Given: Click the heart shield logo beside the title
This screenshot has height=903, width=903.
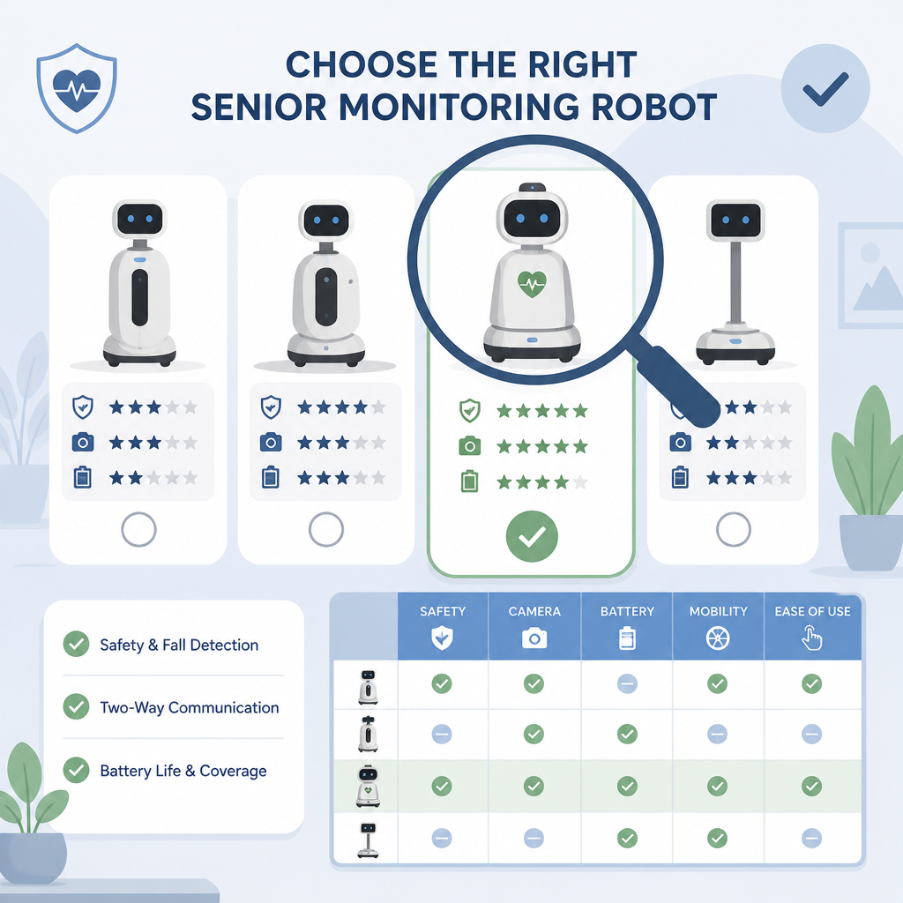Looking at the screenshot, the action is [x=77, y=87].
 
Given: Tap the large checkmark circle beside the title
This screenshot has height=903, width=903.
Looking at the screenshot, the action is [x=825, y=89].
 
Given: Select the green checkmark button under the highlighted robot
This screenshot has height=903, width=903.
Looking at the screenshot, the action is [x=532, y=536].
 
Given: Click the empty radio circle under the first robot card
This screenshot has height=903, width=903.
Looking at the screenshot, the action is [x=138, y=529].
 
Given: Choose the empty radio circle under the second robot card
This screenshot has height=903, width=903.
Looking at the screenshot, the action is [x=326, y=529].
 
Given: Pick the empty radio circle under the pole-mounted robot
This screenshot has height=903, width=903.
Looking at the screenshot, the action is [x=733, y=529].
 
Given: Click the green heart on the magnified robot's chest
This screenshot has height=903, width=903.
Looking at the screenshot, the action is [x=532, y=284].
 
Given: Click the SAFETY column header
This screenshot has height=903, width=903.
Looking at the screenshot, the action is [x=443, y=626].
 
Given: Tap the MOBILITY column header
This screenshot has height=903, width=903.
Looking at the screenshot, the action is [x=718, y=626].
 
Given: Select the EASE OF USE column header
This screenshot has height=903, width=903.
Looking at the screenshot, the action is [x=812, y=626].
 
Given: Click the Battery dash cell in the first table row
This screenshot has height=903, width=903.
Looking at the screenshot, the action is [x=627, y=683].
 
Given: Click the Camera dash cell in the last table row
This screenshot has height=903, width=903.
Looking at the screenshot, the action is [x=534, y=838].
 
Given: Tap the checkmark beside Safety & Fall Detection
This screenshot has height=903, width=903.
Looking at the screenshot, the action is [x=76, y=644].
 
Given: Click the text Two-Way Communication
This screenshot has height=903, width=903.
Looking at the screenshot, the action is [x=190, y=707].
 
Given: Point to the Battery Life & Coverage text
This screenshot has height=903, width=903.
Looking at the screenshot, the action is [x=183, y=771].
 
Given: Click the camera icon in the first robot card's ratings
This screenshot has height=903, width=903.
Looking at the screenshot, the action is [x=82, y=443].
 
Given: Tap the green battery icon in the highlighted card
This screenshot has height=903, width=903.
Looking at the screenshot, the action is [x=469, y=481].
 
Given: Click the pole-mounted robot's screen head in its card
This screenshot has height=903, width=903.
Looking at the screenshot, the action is [x=735, y=220].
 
